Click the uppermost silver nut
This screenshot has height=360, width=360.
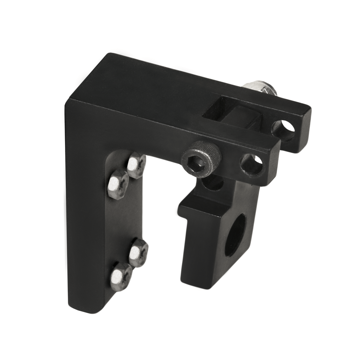click(x=136, y=165)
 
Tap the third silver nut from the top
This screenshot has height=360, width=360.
click(x=138, y=252)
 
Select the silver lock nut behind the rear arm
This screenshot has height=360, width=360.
click(x=262, y=88)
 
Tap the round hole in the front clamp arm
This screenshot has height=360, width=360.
click(x=252, y=164)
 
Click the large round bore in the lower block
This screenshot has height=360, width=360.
click(x=234, y=236)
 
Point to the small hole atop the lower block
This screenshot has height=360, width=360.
click(x=213, y=183)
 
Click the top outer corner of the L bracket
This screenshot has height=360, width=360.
click(x=109, y=56)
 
